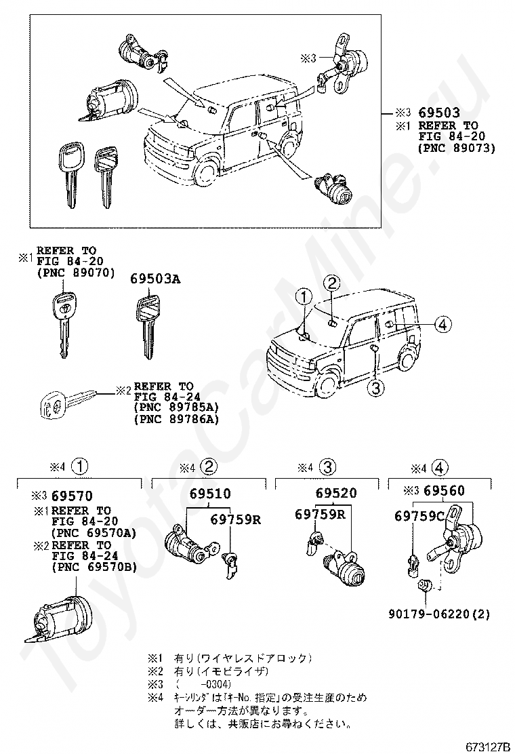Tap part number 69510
[x=210, y=493]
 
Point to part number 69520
[x=336, y=493]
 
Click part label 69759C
[x=419, y=517]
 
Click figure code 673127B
[x=487, y=747]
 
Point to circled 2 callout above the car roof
[x=331, y=283]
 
